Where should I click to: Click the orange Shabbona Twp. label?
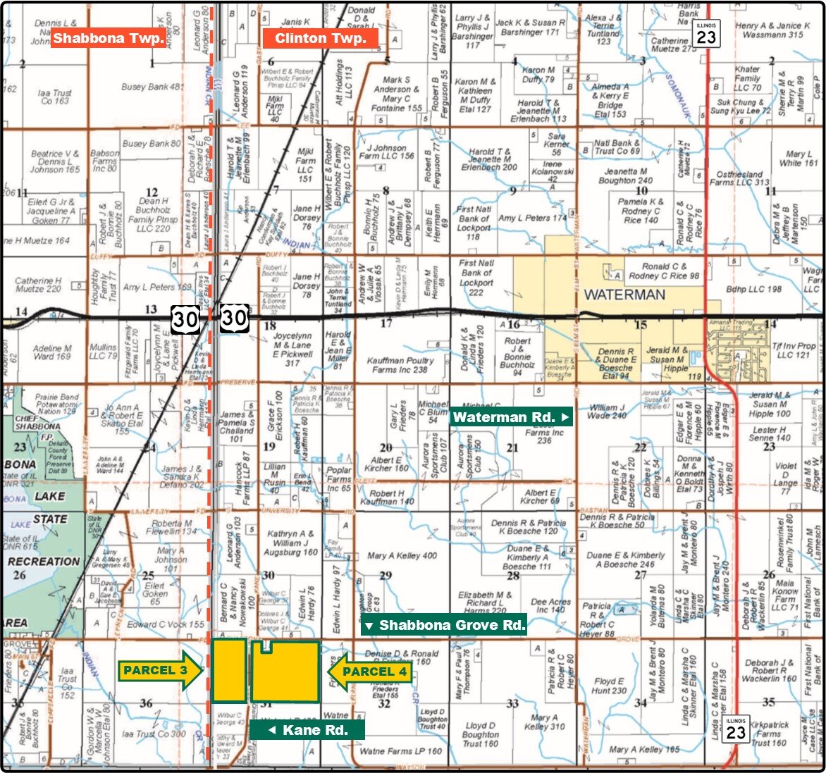click(108, 38)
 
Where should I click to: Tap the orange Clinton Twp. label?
click(320, 38)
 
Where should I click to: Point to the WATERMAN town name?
click(624, 295)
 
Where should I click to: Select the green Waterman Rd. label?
click(511, 417)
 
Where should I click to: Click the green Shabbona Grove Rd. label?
click(444, 625)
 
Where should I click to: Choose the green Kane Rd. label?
click(307, 730)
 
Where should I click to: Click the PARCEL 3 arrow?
click(161, 671)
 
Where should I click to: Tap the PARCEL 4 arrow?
click(369, 672)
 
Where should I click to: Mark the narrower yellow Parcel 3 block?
click(229, 671)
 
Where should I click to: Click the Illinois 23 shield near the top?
click(705, 33)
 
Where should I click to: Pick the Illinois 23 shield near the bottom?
click(736, 729)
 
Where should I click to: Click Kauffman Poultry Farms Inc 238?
click(400, 365)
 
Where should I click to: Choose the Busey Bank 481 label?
click(152, 87)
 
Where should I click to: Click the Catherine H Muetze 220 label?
click(39, 285)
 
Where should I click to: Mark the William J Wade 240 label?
click(607, 412)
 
